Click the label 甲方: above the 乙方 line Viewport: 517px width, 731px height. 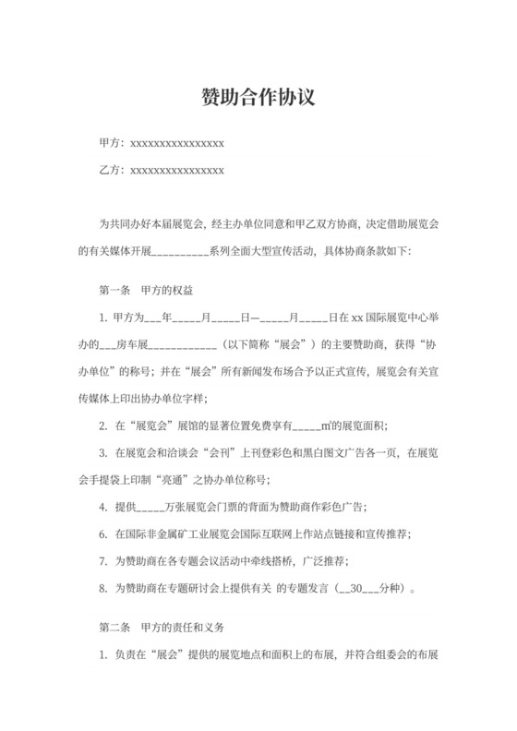(x=111, y=144)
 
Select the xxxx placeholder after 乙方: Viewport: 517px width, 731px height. (x=176, y=171)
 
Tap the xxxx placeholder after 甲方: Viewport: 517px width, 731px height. (x=176, y=144)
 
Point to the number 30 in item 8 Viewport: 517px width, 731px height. (x=355, y=586)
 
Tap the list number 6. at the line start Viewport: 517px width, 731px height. (x=102, y=533)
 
